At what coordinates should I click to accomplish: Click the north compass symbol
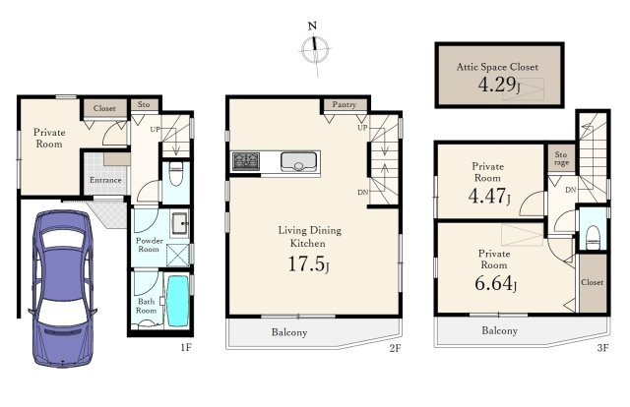tap(315, 49)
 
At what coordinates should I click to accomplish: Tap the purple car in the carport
tap(62, 288)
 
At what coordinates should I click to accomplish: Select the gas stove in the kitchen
tap(245, 161)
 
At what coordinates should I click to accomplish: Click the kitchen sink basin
tap(298, 161)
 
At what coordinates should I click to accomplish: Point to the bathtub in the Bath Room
tap(177, 301)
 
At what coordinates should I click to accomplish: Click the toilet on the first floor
tap(176, 174)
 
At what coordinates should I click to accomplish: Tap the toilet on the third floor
tap(593, 237)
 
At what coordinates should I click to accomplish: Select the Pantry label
tap(345, 105)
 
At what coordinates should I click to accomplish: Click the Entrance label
tap(105, 180)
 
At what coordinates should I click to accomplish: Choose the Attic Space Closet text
tap(497, 67)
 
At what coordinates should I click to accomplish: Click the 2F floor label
tap(395, 348)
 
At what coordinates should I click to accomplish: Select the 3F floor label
tap(602, 348)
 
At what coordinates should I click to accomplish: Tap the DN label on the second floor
tap(363, 193)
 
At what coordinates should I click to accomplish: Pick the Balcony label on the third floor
tap(499, 330)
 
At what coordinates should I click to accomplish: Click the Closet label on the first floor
tap(104, 108)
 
